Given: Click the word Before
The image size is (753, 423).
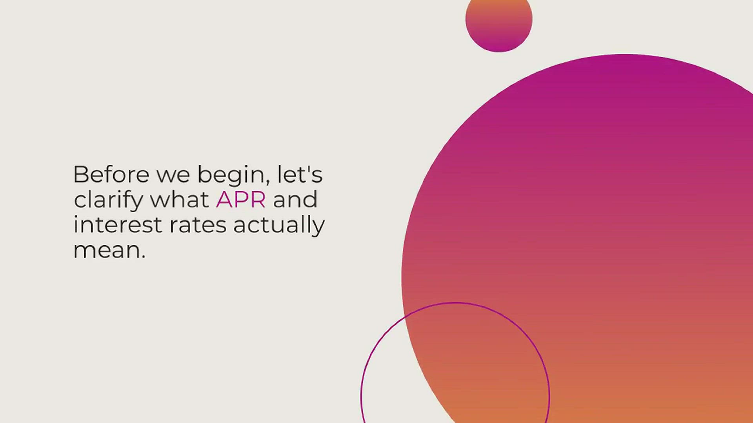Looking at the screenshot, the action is click(x=111, y=174).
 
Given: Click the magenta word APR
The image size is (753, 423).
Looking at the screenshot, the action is click(x=241, y=199).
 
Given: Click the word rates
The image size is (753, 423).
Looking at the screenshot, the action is click(x=198, y=226).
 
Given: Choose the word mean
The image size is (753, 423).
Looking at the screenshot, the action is click(x=107, y=250).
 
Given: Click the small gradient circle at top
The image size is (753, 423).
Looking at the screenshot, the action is click(x=499, y=22).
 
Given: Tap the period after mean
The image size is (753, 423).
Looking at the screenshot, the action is click(x=143, y=257).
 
